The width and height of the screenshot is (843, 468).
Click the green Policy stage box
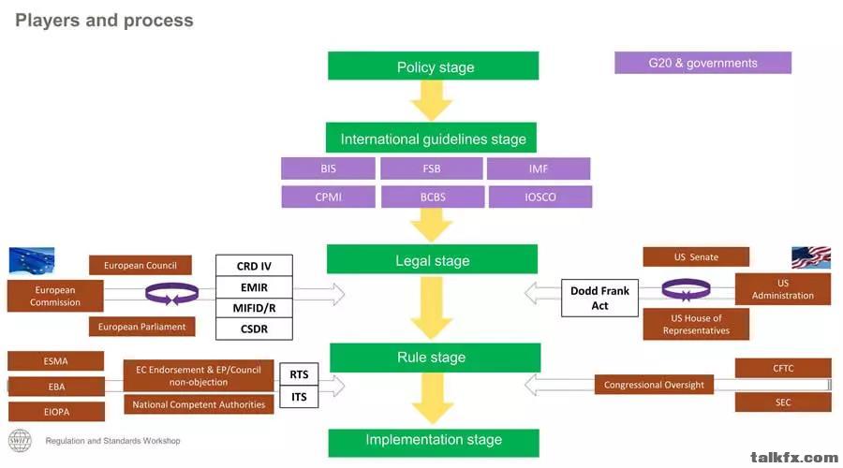433,66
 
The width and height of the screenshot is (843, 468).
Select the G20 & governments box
702,63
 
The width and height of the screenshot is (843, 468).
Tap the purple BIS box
327,169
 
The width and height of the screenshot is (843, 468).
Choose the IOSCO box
540,197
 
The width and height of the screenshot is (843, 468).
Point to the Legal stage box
432,260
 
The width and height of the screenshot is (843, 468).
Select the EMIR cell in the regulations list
254,287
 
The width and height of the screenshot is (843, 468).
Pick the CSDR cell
254,329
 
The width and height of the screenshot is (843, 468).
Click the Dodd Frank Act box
599,298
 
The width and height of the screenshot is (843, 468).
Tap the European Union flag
32,260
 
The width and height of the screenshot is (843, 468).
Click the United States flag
810,258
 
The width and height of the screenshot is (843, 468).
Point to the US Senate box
696,256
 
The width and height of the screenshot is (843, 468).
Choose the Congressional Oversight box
654,385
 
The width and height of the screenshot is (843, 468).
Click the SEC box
783,402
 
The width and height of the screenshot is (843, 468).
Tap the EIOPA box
55,412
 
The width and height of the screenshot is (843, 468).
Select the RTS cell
299,374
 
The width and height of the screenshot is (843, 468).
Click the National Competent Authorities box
199,404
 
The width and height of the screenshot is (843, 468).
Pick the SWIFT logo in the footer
20,440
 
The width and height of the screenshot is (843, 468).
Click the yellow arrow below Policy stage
432,100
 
